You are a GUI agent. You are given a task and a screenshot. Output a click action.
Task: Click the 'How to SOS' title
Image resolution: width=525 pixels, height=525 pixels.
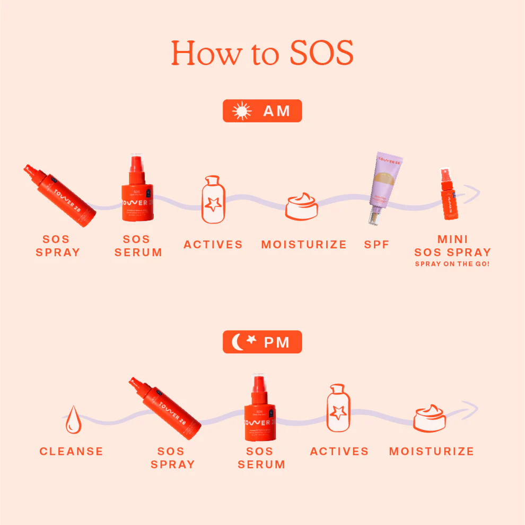(262, 53)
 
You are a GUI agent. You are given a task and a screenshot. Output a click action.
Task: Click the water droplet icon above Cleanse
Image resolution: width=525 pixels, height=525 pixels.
(73, 419)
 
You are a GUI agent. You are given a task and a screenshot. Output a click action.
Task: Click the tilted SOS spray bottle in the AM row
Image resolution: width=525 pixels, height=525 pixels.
(59, 195)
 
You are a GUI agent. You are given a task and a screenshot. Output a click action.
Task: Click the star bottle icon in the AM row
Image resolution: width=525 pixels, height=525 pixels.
(213, 200)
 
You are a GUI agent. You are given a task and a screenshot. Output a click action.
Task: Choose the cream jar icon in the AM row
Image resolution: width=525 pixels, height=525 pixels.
(301, 206)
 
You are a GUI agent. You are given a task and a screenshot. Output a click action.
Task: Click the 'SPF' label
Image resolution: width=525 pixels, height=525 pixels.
(377, 245)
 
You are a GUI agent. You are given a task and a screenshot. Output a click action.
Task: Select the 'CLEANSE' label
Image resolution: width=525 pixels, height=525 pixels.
(72, 451)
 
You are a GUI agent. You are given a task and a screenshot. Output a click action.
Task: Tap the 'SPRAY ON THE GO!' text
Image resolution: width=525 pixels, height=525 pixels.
(452, 264)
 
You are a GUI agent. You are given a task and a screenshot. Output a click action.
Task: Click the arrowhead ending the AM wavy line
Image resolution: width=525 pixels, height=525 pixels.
(474, 193)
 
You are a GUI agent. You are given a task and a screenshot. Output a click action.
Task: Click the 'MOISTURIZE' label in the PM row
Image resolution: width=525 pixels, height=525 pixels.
(432, 451)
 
